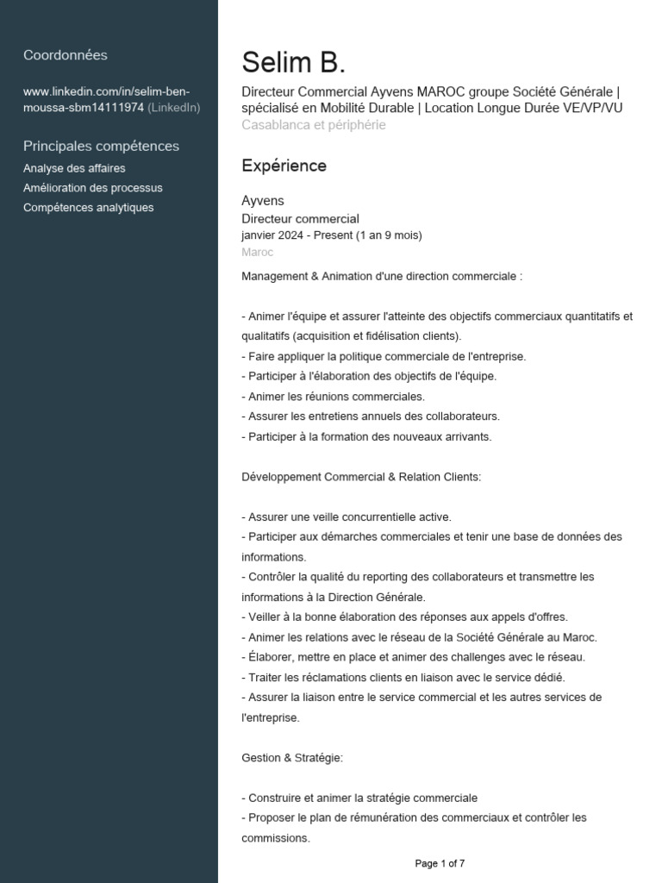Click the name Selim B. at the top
point(293,63)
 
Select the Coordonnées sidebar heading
point(66,55)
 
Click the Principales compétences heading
point(101,146)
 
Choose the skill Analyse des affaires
point(74,168)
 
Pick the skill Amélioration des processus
point(93,188)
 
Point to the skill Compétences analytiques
point(89,208)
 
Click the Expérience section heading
point(284,166)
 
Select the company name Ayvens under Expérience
point(263,201)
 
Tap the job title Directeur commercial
point(300,219)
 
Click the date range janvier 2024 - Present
point(332,235)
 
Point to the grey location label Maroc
point(257,253)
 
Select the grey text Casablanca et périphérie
point(314,125)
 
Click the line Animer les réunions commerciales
point(334,397)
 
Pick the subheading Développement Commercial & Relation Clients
point(361,477)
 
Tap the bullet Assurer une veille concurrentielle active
point(347,517)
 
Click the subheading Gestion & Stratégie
point(292,758)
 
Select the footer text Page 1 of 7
point(440,863)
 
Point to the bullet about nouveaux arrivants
point(366,437)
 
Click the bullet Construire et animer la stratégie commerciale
point(359,798)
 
